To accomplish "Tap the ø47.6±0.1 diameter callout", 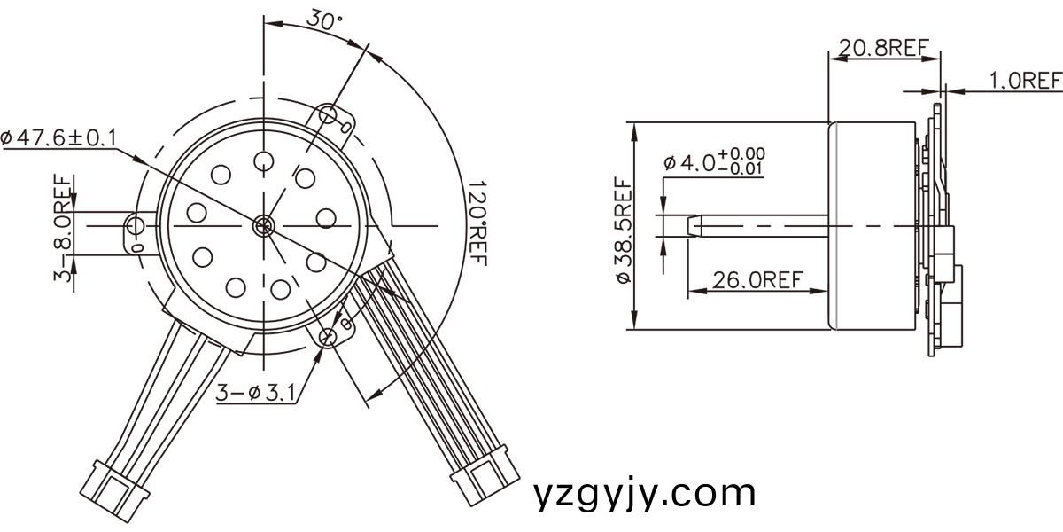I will tap(58, 137).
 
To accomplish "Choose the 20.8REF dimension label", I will tap(883, 48).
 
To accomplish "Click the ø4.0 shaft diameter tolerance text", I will tap(714, 162).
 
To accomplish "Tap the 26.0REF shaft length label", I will tap(757, 280).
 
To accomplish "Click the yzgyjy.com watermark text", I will tap(645, 493).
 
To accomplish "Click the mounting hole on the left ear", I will tap(136, 224).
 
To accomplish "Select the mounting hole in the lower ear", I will tap(329, 335).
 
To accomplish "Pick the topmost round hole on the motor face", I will tap(263, 160).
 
